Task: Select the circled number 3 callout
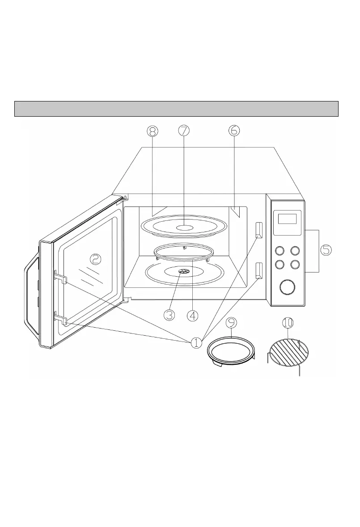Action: [169, 315]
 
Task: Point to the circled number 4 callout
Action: [192, 315]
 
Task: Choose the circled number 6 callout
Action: [233, 130]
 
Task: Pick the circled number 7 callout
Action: [183, 130]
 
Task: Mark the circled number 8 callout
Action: [152, 130]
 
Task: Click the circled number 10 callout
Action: [288, 322]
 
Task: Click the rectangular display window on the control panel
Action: [287, 219]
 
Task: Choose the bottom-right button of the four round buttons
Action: [295, 264]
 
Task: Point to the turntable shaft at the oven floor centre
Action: [184, 271]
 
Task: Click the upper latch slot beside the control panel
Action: [258, 230]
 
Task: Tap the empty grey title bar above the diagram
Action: [176, 109]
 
